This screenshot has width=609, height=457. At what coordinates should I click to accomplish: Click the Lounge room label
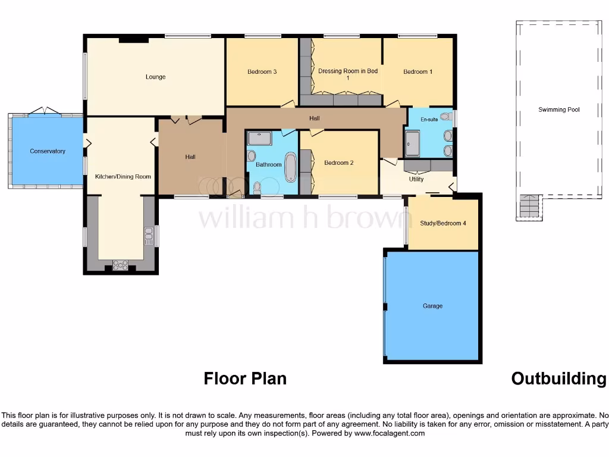click(x=156, y=77)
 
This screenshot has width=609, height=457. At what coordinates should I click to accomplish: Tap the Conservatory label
click(x=48, y=151)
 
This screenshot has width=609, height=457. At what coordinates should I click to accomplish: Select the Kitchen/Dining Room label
click(x=123, y=177)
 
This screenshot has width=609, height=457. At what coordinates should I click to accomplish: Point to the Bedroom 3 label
click(x=262, y=72)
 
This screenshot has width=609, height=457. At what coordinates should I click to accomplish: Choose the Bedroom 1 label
click(x=417, y=72)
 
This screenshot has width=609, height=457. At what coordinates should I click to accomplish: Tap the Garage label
click(x=432, y=306)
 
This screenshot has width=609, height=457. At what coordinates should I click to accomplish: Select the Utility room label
click(x=416, y=179)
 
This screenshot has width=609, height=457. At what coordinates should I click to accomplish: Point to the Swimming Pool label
click(x=558, y=109)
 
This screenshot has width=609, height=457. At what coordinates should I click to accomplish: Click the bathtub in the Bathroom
click(x=290, y=167)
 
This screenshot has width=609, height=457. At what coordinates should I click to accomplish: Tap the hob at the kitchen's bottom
click(x=121, y=265)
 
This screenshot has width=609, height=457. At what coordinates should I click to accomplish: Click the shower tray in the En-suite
click(x=412, y=143)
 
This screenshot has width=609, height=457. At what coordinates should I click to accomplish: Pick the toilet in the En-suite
click(x=445, y=116)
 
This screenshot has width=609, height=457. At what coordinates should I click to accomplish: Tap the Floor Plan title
click(x=245, y=378)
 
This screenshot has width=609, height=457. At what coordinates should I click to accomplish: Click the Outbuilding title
click(x=558, y=378)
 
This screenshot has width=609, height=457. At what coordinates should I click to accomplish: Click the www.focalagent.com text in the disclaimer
click(x=390, y=434)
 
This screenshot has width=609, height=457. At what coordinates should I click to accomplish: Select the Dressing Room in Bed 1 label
click(x=348, y=74)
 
